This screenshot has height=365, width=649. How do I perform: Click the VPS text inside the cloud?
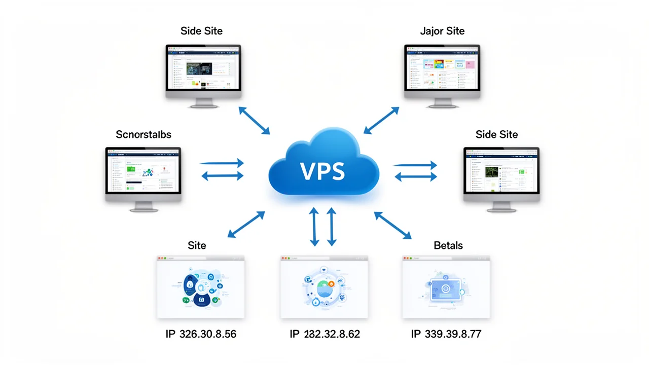point(322,171)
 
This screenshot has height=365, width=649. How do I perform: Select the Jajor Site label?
point(442,31)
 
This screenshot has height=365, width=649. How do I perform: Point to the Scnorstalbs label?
point(143,134)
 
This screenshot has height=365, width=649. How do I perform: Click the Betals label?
point(448,245)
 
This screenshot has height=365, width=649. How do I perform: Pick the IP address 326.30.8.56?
point(201,334)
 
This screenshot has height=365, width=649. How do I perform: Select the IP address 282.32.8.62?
point(324,334)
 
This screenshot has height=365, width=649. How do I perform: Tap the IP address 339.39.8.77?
point(446,334)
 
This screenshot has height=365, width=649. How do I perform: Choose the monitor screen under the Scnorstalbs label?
point(143,171)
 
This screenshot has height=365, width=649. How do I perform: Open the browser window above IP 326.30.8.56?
point(200,287)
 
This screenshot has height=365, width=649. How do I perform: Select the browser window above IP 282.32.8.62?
point(324,287)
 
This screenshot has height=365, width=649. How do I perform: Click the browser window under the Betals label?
point(446,287)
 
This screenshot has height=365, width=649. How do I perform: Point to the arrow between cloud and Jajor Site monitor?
point(382,120)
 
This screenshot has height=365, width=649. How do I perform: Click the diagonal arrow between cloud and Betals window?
point(393,225)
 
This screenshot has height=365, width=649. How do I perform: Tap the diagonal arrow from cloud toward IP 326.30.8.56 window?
point(246,225)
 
